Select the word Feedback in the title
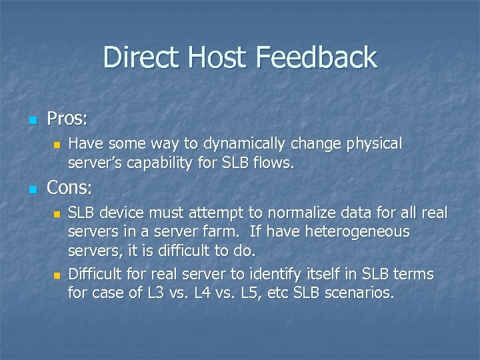(x=317, y=57)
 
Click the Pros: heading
(x=67, y=119)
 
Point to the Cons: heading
(x=69, y=188)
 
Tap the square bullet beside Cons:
(x=31, y=189)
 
